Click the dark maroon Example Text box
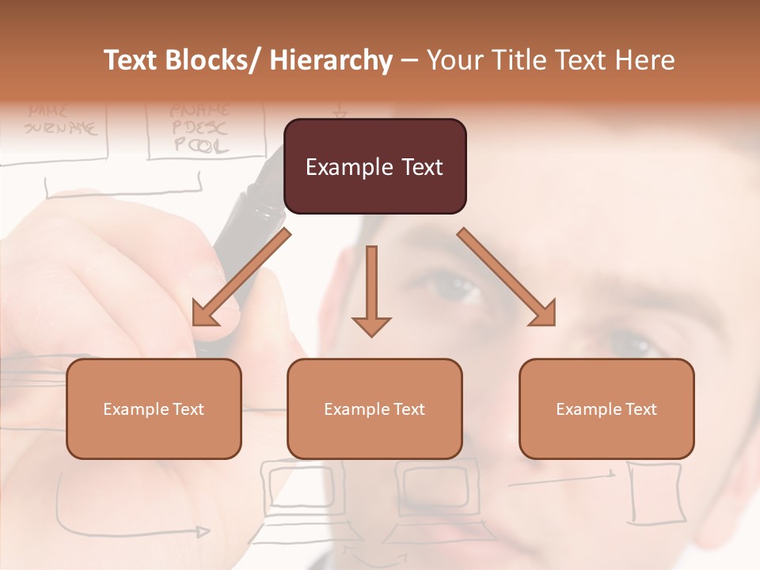click(374, 166)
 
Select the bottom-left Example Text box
click(154, 408)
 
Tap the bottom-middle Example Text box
click(374, 408)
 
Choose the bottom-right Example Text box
click(606, 408)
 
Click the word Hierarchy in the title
click(331, 60)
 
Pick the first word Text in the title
click(129, 60)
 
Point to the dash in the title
click(409, 60)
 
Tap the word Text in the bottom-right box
click(640, 409)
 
